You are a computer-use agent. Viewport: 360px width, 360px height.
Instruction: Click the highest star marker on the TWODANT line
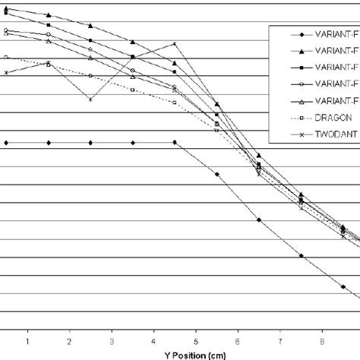(175, 44)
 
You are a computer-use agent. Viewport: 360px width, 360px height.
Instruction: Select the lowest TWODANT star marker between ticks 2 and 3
(91, 99)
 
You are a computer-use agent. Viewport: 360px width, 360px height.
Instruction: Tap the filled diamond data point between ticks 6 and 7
(260, 220)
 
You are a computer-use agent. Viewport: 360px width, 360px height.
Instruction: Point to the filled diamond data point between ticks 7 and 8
(302, 256)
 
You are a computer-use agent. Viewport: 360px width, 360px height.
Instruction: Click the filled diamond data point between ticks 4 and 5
(175, 142)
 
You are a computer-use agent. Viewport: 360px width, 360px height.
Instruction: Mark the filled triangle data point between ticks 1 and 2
(49, 15)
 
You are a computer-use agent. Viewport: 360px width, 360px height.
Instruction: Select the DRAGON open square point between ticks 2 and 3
(91, 76)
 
